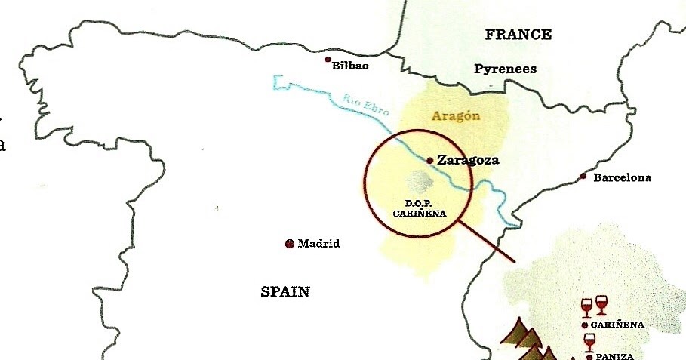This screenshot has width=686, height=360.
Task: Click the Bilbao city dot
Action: click(328, 59)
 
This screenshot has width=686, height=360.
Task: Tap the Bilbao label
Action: click(350, 66)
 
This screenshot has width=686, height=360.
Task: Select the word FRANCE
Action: click(518, 35)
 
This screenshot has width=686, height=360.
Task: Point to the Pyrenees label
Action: click(505, 69)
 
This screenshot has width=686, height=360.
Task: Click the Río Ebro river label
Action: click(365, 103)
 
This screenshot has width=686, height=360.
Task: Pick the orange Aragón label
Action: click(456, 116)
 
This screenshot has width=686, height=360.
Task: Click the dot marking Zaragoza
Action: click(429, 160)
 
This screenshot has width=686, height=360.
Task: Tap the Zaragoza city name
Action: click(468, 160)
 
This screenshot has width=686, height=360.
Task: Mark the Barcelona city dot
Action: click(583, 176)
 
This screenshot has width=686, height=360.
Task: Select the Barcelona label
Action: click(622, 178)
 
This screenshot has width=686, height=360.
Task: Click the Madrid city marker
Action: click(289, 244)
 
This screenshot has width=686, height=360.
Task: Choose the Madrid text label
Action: click(318, 244)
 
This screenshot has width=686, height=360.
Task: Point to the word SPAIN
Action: click(285, 292)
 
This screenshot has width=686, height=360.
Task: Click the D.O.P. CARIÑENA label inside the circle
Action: click(420, 208)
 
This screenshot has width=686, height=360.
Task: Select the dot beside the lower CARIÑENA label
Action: click(585, 325)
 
